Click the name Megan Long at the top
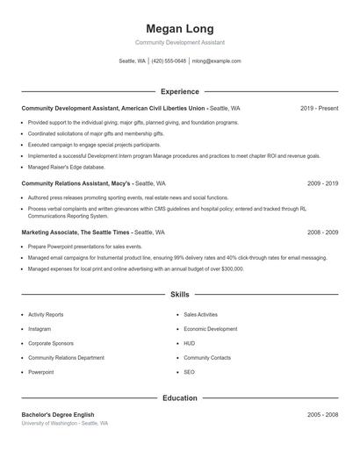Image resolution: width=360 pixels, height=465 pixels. [180, 29]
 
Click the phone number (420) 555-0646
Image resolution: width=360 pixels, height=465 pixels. [169, 61]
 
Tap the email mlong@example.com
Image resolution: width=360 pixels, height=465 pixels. [216, 61]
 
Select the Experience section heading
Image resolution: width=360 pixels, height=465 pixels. [180, 91]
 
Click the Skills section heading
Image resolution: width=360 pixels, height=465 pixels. [180, 295]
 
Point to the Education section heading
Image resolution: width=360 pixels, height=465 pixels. [180, 397]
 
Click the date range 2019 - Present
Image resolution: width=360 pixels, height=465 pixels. [319, 108]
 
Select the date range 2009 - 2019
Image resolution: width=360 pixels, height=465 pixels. [322, 184]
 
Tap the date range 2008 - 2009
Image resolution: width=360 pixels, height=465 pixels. [322, 232]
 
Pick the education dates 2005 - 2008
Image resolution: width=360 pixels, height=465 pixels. [322, 414]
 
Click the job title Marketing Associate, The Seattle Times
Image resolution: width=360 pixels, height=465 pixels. [76, 232]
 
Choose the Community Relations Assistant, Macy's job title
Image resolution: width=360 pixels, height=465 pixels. [76, 184]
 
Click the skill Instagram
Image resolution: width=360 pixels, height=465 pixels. [40, 329]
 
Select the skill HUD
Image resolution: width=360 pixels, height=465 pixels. [189, 343]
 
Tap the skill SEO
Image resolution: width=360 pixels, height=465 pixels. [189, 372]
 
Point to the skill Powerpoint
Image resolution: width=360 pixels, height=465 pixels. [41, 372]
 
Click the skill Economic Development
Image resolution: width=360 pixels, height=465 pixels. [210, 329]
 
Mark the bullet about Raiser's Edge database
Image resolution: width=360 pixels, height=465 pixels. [66, 167]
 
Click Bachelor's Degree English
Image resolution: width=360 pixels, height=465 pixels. [57, 414]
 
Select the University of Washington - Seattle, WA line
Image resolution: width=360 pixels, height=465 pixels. [65, 423]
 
